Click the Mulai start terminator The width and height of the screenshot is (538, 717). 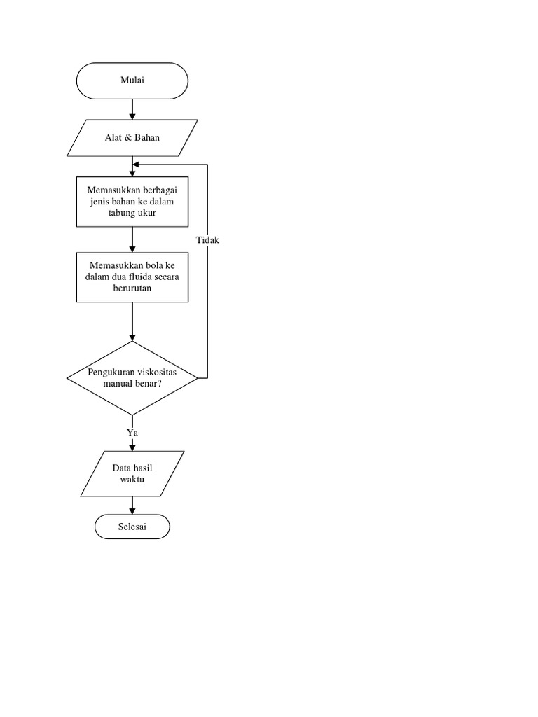click(x=132, y=81)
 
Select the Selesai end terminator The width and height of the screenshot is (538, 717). click(x=132, y=526)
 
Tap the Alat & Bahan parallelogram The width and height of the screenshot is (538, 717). click(x=132, y=137)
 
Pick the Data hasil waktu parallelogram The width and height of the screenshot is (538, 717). click(x=132, y=473)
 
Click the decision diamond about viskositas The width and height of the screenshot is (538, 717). click(x=132, y=378)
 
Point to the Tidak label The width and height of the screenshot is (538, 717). click(x=208, y=240)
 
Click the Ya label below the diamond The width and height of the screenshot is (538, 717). click(x=132, y=433)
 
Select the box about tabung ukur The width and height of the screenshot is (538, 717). click(x=132, y=202)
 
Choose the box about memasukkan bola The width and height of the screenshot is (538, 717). click(x=132, y=277)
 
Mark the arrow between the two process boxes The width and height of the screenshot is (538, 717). click(x=132, y=239)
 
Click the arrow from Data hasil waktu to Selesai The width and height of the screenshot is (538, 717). click(x=132, y=506)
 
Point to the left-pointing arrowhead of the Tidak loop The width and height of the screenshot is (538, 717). click(x=137, y=165)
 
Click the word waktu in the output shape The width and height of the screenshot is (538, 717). click(x=132, y=479)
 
